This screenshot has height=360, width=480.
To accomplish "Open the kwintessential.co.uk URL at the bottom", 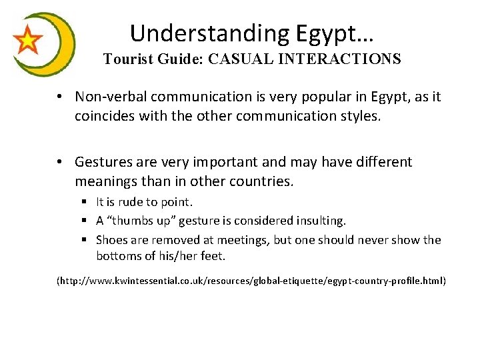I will (x=251, y=281).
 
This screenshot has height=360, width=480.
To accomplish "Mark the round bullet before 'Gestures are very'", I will (x=60, y=162).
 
